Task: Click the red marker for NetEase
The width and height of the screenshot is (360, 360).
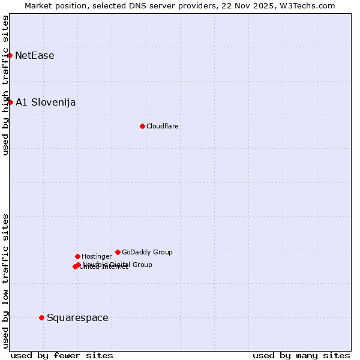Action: pos(10,56)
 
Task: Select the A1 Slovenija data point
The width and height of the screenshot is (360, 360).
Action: pos(10,102)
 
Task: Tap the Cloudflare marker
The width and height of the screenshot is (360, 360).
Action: pos(142,126)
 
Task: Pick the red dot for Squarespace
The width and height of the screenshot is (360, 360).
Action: pos(41,317)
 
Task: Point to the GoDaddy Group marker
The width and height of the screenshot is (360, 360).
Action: pos(118,252)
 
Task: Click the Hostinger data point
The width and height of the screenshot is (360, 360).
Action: pos(77,256)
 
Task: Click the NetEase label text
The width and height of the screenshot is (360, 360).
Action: pos(35,56)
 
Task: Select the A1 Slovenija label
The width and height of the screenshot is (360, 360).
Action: pos(46,102)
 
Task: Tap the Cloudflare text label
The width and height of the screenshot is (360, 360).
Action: pos(163,126)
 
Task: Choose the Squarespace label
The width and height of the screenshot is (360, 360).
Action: pos(77,317)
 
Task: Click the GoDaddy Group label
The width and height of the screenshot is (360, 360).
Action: pos(147,252)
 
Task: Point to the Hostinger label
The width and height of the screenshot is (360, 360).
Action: pos(97,256)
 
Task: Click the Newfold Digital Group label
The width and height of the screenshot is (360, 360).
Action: pos(118,264)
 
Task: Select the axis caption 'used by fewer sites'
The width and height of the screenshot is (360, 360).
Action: pos(62,355)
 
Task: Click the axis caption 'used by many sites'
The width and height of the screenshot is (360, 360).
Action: pos(301,355)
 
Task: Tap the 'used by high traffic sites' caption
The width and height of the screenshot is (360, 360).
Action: pos(5,85)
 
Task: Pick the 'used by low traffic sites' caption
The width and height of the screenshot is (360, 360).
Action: pos(5,280)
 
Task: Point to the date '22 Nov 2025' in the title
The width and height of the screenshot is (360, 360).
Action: pos(244,5)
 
